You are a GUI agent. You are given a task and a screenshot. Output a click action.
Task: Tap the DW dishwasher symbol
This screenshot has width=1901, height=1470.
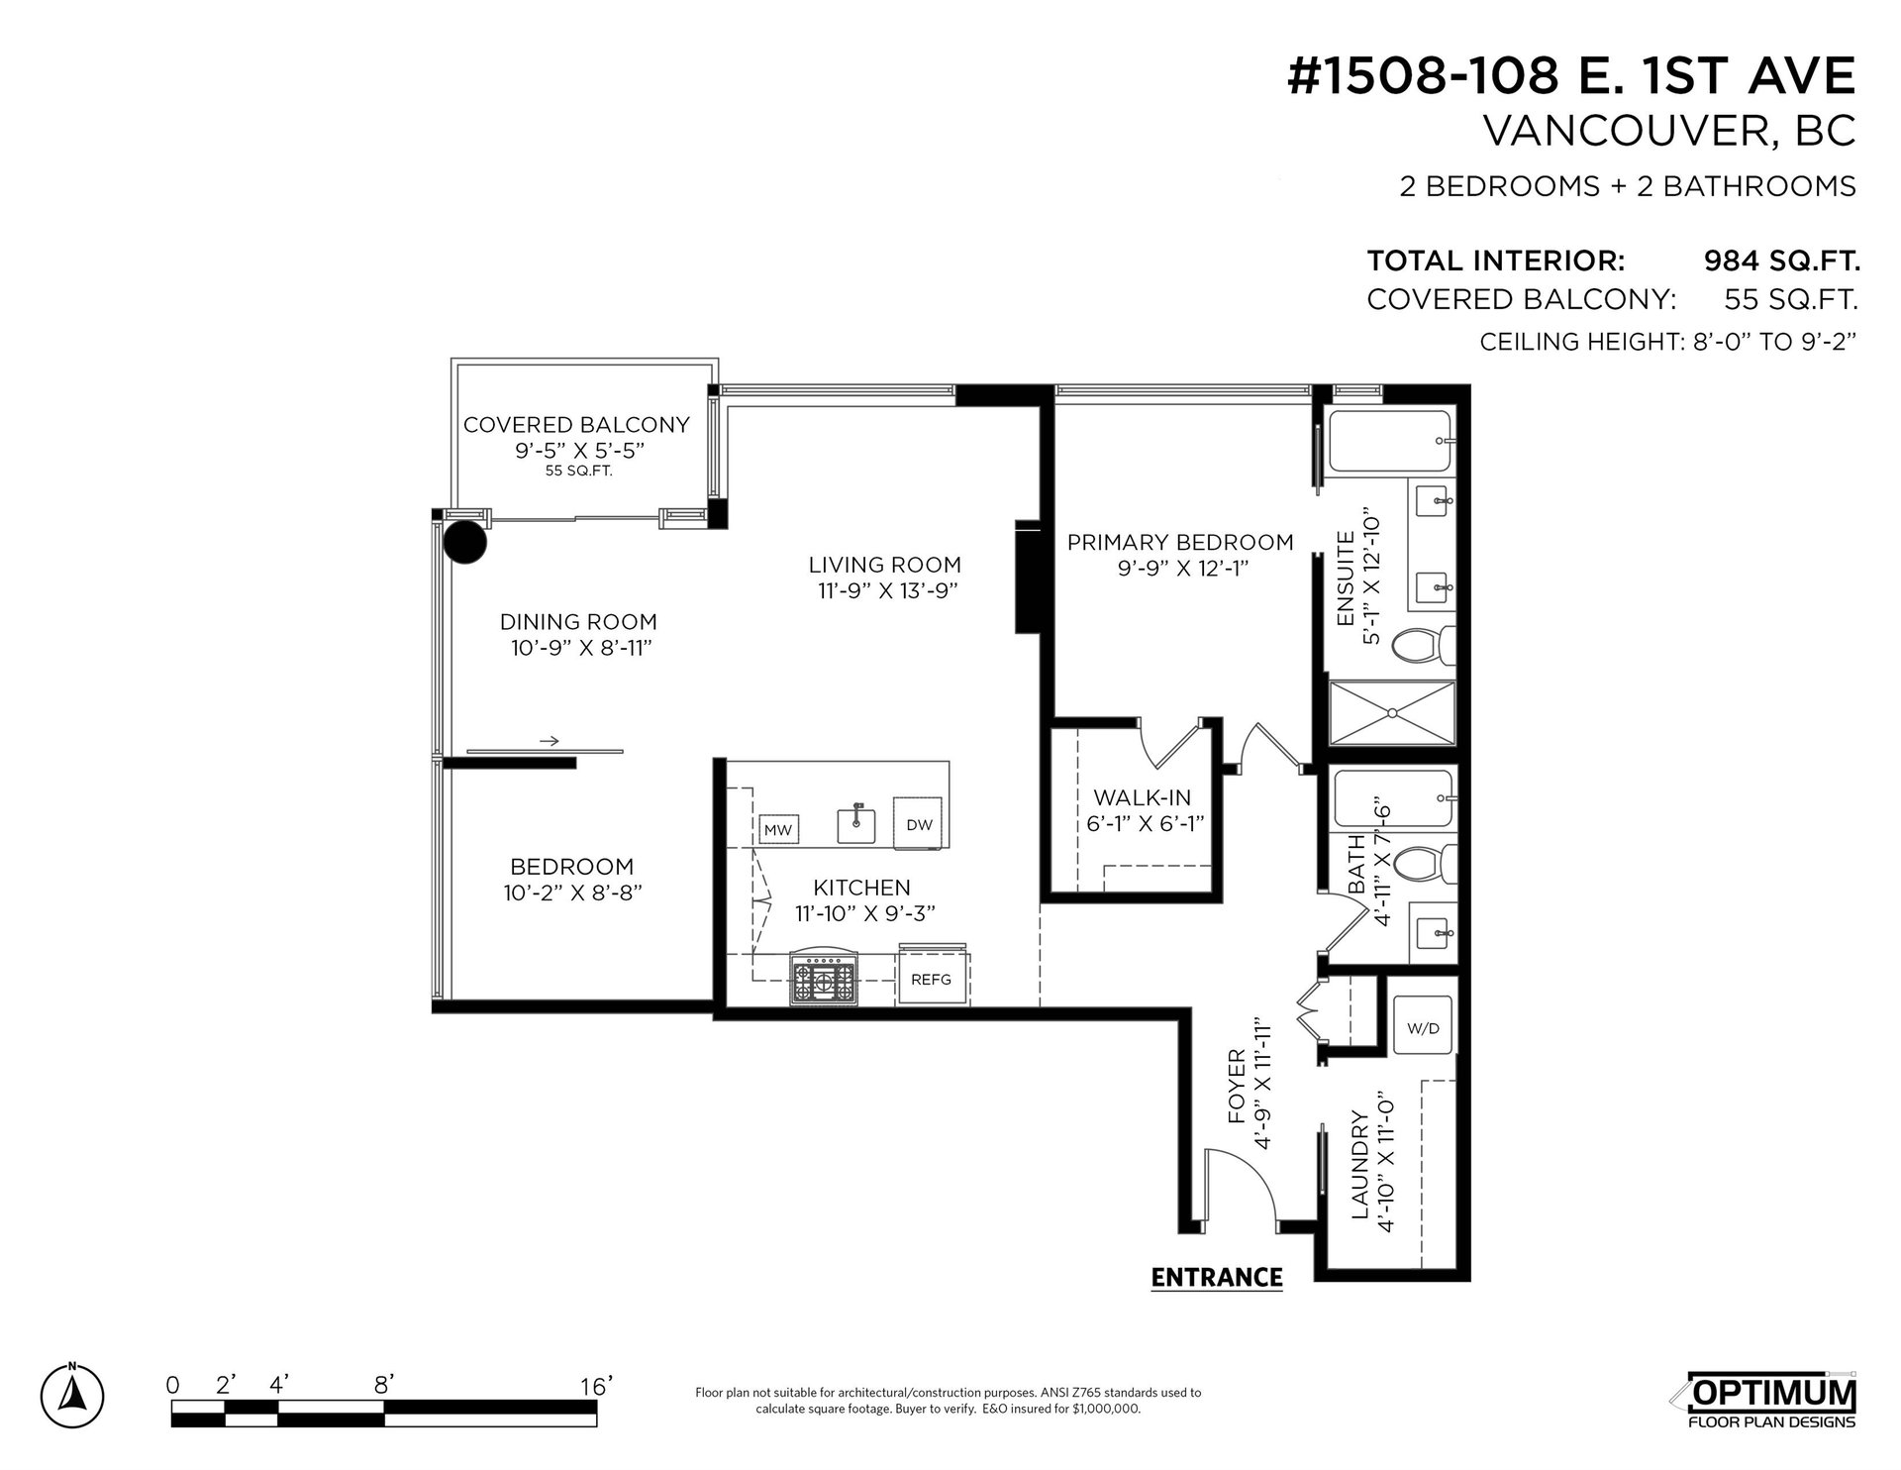click(920, 822)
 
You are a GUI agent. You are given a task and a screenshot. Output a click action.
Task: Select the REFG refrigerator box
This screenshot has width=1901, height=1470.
click(933, 979)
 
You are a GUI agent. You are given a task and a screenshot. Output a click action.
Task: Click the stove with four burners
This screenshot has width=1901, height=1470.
click(823, 981)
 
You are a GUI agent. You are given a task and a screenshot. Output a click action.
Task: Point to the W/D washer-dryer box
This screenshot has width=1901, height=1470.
click(1423, 1028)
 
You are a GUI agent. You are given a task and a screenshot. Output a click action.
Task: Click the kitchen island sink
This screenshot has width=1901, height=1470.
click(856, 824)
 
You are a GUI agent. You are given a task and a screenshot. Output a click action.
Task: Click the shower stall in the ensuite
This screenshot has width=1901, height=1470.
click(1392, 713)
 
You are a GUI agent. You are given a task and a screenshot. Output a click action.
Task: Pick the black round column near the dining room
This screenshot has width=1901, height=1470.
click(464, 542)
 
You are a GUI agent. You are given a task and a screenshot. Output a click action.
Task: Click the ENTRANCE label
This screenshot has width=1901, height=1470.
click(1217, 1278)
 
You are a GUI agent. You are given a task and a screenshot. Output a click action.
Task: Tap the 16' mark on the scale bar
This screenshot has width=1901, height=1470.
click(594, 1386)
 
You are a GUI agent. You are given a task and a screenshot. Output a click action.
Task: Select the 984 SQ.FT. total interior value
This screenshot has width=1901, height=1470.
click(1781, 262)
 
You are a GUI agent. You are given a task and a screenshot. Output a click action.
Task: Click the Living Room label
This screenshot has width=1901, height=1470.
click(884, 565)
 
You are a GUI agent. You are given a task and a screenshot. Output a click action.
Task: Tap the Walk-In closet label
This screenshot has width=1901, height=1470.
click(1142, 797)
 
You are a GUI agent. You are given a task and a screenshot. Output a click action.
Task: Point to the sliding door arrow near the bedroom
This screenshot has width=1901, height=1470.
click(549, 741)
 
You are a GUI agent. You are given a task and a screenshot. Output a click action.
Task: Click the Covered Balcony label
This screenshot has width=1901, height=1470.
click(576, 425)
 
